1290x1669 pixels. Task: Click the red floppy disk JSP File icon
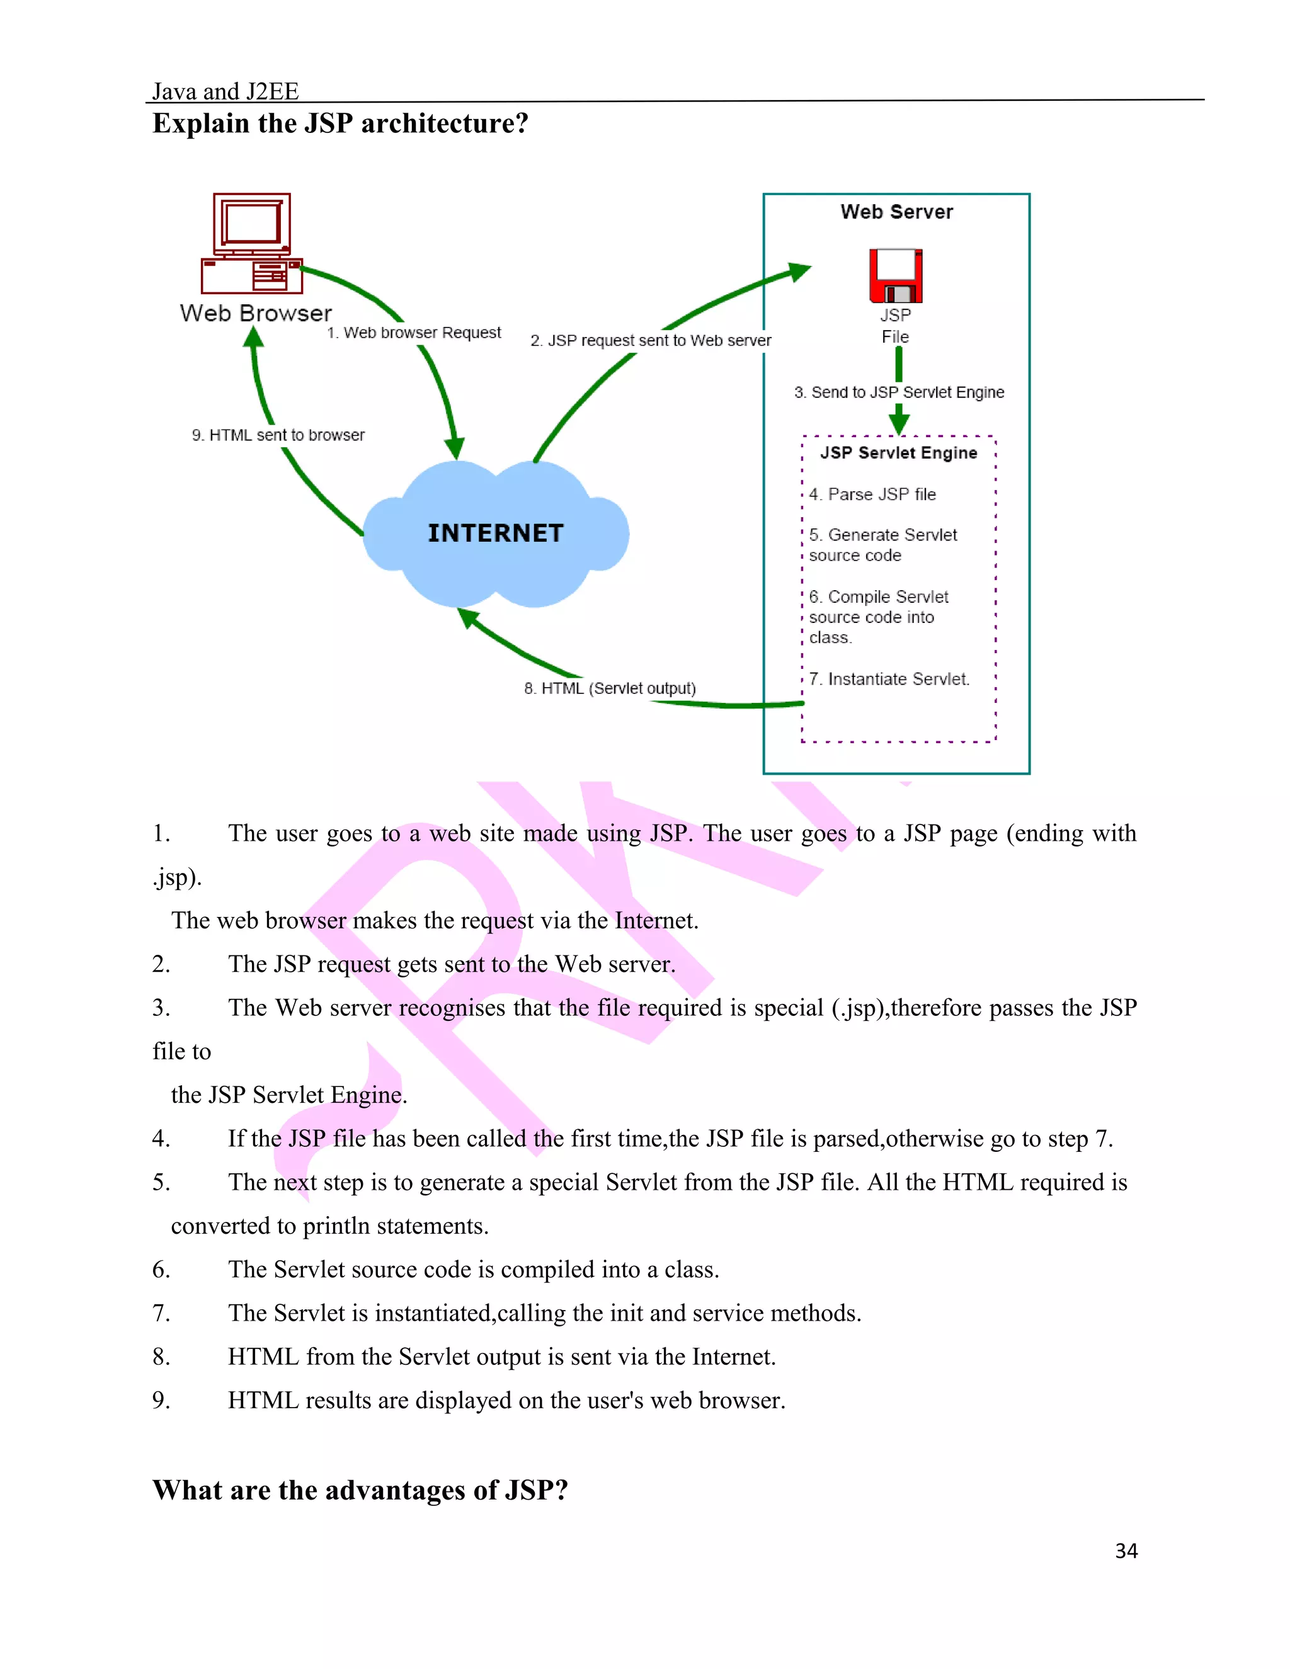[896, 276]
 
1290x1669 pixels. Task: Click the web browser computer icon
[251, 244]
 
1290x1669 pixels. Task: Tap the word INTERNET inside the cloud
[495, 533]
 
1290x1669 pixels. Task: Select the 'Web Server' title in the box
[896, 212]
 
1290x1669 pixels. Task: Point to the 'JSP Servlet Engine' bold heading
[899, 453]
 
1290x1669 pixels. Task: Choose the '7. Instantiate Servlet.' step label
[889, 678]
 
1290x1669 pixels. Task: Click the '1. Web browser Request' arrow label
[414, 333]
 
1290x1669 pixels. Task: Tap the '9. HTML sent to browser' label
[278, 435]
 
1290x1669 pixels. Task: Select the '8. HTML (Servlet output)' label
[610, 688]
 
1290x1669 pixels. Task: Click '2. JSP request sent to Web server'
[650, 340]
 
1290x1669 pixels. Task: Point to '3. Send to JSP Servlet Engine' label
[899, 392]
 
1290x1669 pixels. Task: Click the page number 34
[1126, 1551]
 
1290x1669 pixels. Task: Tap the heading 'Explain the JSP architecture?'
[340, 123]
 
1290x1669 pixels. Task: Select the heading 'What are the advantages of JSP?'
[360, 1490]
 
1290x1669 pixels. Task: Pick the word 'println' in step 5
[336, 1226]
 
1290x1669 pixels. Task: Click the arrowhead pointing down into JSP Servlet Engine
[899, 421]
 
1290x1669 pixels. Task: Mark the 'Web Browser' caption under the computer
[256, 313]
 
